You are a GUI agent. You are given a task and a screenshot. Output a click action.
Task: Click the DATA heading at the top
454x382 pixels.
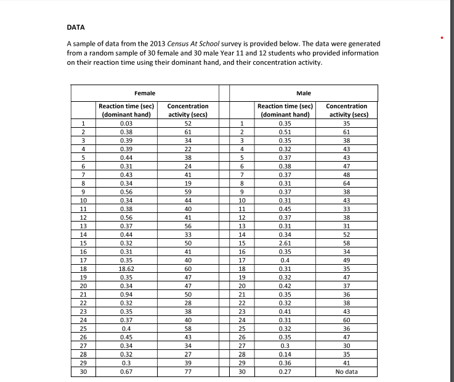76,27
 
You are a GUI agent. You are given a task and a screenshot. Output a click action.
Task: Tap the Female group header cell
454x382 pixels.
145,93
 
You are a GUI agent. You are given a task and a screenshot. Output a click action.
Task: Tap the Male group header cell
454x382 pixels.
303,93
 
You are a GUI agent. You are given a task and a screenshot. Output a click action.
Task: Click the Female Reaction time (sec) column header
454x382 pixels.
126,110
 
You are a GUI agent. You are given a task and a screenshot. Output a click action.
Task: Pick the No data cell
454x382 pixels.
347,372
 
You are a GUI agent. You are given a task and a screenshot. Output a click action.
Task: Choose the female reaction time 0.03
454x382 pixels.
126,123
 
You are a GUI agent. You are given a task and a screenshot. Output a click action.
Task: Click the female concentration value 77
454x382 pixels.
188,372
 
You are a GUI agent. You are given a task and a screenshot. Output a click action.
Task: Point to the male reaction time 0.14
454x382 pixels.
284,356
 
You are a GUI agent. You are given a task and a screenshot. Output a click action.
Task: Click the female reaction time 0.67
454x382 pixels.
126,372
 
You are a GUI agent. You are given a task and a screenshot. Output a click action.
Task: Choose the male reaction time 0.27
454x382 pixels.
284,372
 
